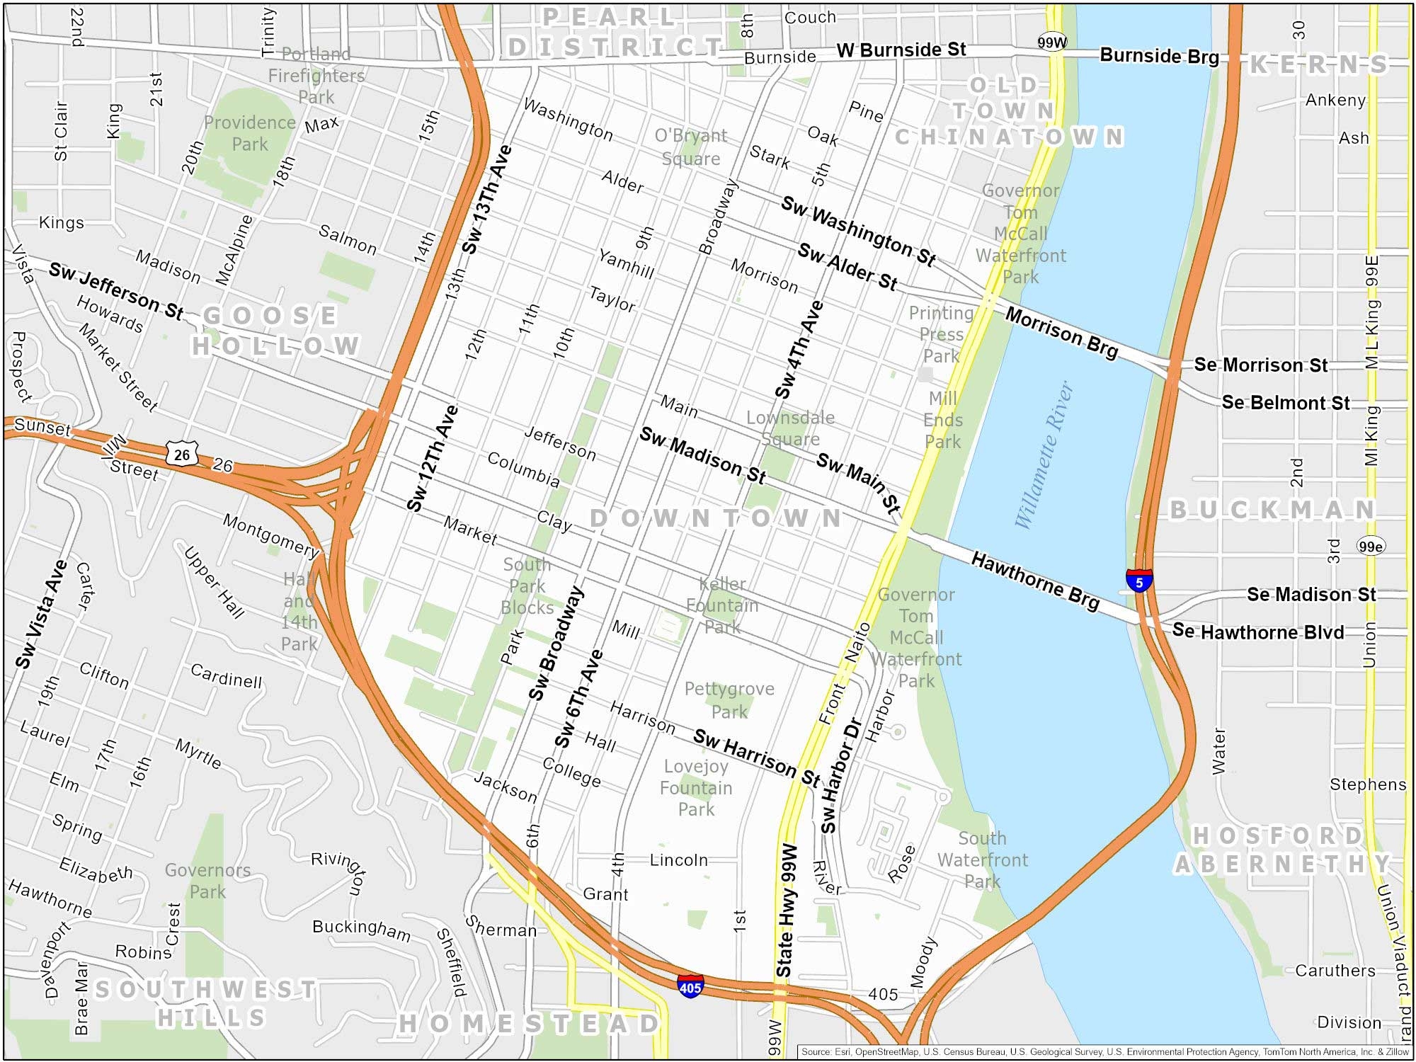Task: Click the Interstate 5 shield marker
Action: (1138, 581)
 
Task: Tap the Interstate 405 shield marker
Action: (690, 986)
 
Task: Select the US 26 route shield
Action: (182, 454)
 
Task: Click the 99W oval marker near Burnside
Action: (1052, 42)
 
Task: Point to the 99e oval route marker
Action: (1371, 546)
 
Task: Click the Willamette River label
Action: (1045, 455)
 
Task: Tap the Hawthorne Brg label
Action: (1035, 581)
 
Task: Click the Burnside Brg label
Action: (1159, 56)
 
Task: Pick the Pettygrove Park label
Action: (729, 700)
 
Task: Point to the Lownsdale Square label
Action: (790, 428)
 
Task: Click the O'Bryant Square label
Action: (690, 147)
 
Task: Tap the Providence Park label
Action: (250, 133)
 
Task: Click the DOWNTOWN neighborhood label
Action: (715, 518)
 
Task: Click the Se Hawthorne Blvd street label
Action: (1258, 632)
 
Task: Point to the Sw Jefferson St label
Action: (116, 291)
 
